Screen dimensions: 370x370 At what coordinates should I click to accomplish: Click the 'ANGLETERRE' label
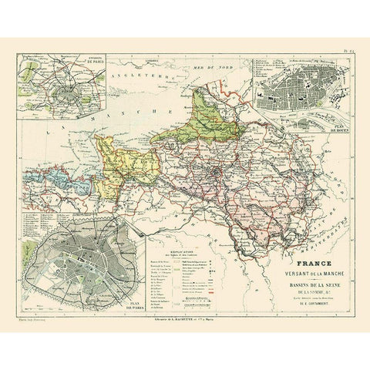pos(142,77)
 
